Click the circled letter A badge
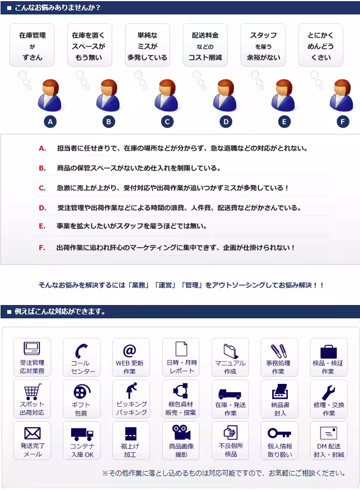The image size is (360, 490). [x=51, y=122]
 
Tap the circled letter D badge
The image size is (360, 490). [x=226, y=122]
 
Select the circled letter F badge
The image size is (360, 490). [x=343, y=122]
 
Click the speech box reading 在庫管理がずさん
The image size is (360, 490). [x=32, y=46]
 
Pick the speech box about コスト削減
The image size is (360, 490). [x=205, y=46]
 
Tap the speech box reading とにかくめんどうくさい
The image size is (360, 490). [x=321, y=46]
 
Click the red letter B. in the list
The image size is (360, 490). [x=42, y=168]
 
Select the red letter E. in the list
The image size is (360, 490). [x=42, y=226]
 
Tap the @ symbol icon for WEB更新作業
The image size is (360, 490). [x=130, y=351]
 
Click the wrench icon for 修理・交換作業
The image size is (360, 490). [x=328, y=392]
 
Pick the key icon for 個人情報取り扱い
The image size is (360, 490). [x=278, y=433]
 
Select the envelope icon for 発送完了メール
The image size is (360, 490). [x=32, y=433]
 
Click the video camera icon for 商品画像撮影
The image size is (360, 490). [x=180, y=433]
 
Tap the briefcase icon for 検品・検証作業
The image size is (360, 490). [x=328, y=351]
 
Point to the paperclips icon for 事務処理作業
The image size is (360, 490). [x=278, y=351]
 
